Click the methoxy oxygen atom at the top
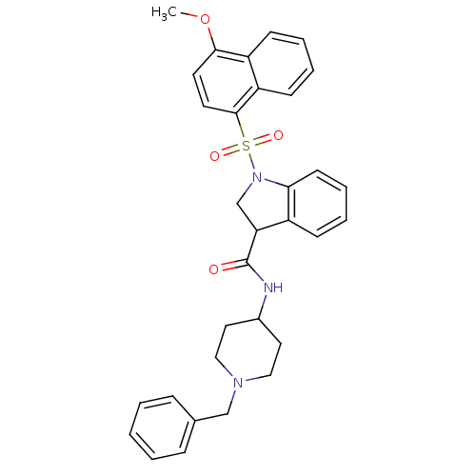205,20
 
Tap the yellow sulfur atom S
246,146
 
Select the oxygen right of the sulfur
278,136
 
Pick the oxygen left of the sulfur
214,156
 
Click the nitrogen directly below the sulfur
256,177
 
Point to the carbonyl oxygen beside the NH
213,269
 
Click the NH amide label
273,288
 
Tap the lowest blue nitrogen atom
238,383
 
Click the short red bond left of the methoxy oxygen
193,16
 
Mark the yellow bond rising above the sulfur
243,131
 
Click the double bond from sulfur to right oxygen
262,141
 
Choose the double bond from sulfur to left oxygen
229,150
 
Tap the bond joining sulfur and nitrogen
250,161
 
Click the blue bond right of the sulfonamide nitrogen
269,180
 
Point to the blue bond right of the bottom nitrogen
252,379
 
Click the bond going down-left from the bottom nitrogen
233,395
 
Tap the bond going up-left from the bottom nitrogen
229,373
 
